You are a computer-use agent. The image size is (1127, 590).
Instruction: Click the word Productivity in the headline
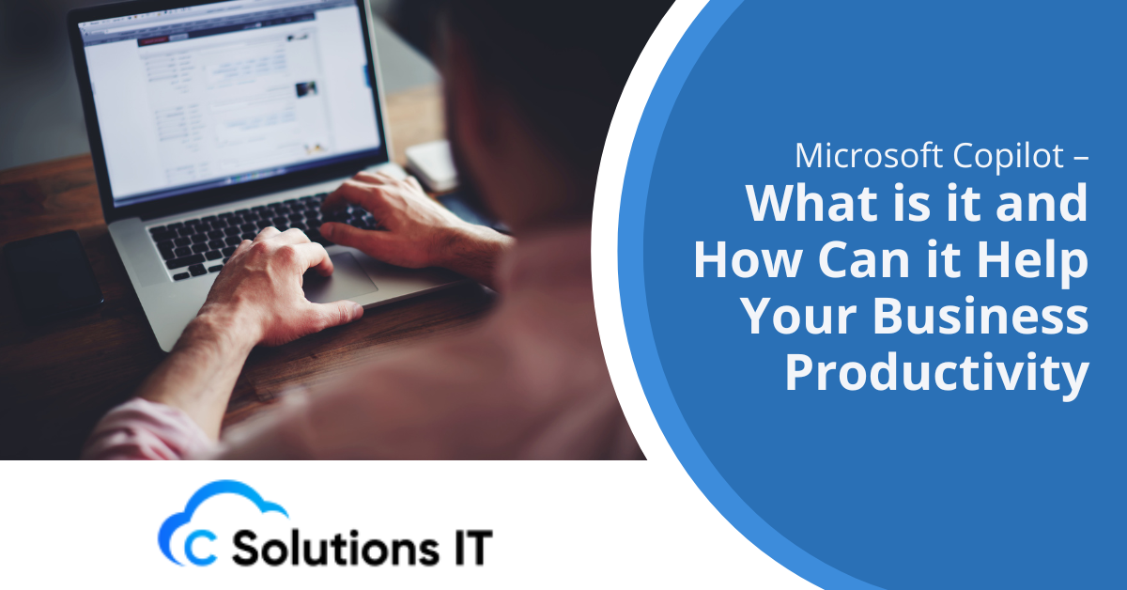(x=936, y=375)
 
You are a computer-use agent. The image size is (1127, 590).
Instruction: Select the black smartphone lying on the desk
(x=52, y=272)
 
